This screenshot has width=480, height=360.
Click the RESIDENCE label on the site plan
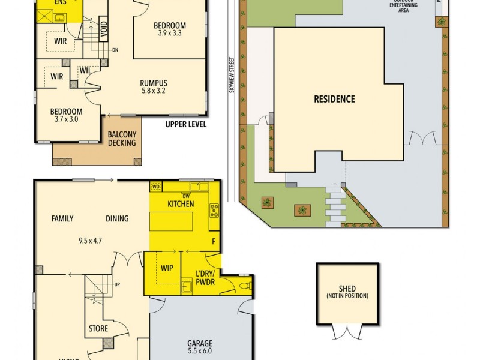[x=334, y=100]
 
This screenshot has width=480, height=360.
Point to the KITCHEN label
[x=180, y=204]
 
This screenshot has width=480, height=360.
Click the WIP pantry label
[x=167, y=268]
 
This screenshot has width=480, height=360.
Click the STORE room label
[x=98, y=329]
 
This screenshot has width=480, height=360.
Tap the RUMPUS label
[x=153, y=83]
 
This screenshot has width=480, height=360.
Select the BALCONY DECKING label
[x=122, y=139]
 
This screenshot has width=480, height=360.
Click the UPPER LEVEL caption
[x=186, y=125]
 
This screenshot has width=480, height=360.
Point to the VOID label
[x=103, y=29]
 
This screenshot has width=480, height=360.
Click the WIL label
[x=86, y=71]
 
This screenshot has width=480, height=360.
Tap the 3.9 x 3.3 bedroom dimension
[x=169, y=34]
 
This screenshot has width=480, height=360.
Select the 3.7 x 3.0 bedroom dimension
[x=66, y=119]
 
